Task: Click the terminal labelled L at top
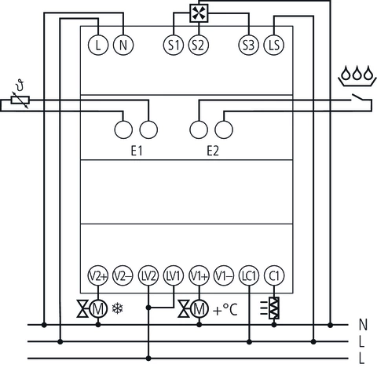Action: [97, 45]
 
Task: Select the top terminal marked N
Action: [123, 45]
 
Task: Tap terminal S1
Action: [174, 45]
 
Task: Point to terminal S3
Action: [249, 45]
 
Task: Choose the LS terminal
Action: [274, 45]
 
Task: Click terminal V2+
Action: [97, 275]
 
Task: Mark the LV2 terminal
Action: [148, 275]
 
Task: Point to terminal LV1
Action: [173, 275]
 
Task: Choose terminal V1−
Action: [224, 275]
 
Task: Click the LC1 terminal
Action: [249, 275]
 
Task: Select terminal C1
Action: [274, 275]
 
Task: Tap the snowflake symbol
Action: [119, 308]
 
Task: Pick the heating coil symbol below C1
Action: [274, 308]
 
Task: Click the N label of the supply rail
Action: [362, 324]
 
